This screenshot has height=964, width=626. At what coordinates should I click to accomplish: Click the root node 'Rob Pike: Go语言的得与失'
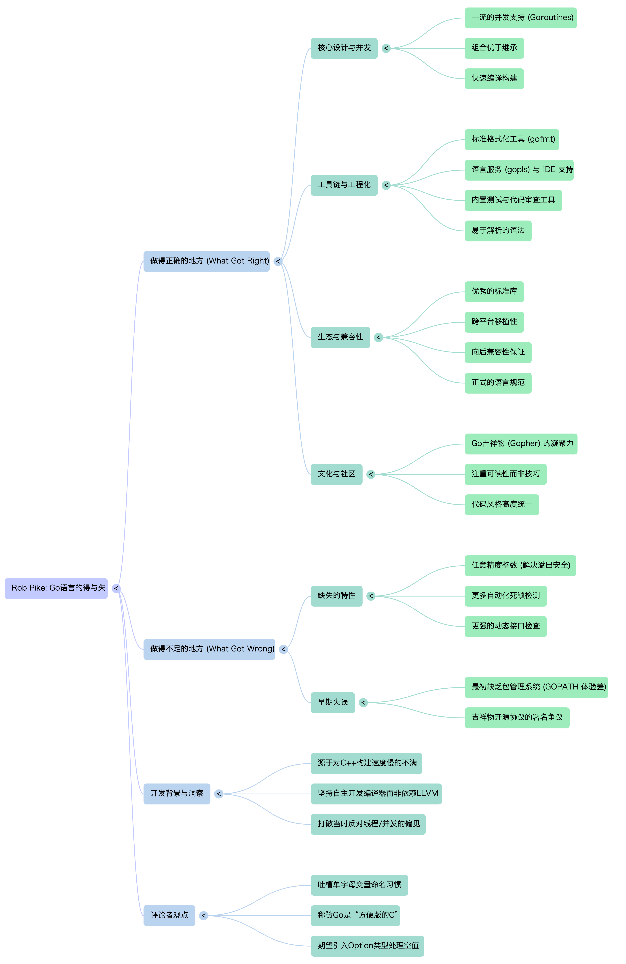point(56,588)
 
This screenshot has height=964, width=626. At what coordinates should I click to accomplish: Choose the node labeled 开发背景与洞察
point(177,794)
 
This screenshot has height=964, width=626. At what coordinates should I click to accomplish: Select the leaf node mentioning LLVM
point(376,794)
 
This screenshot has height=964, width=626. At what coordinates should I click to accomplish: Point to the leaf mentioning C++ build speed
point(366,763)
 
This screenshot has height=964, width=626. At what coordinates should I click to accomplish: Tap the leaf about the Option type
point(367,946)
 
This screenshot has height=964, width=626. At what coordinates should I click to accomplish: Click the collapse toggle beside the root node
point(116,589)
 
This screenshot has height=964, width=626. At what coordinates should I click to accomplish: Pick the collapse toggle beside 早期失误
point(363,702)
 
